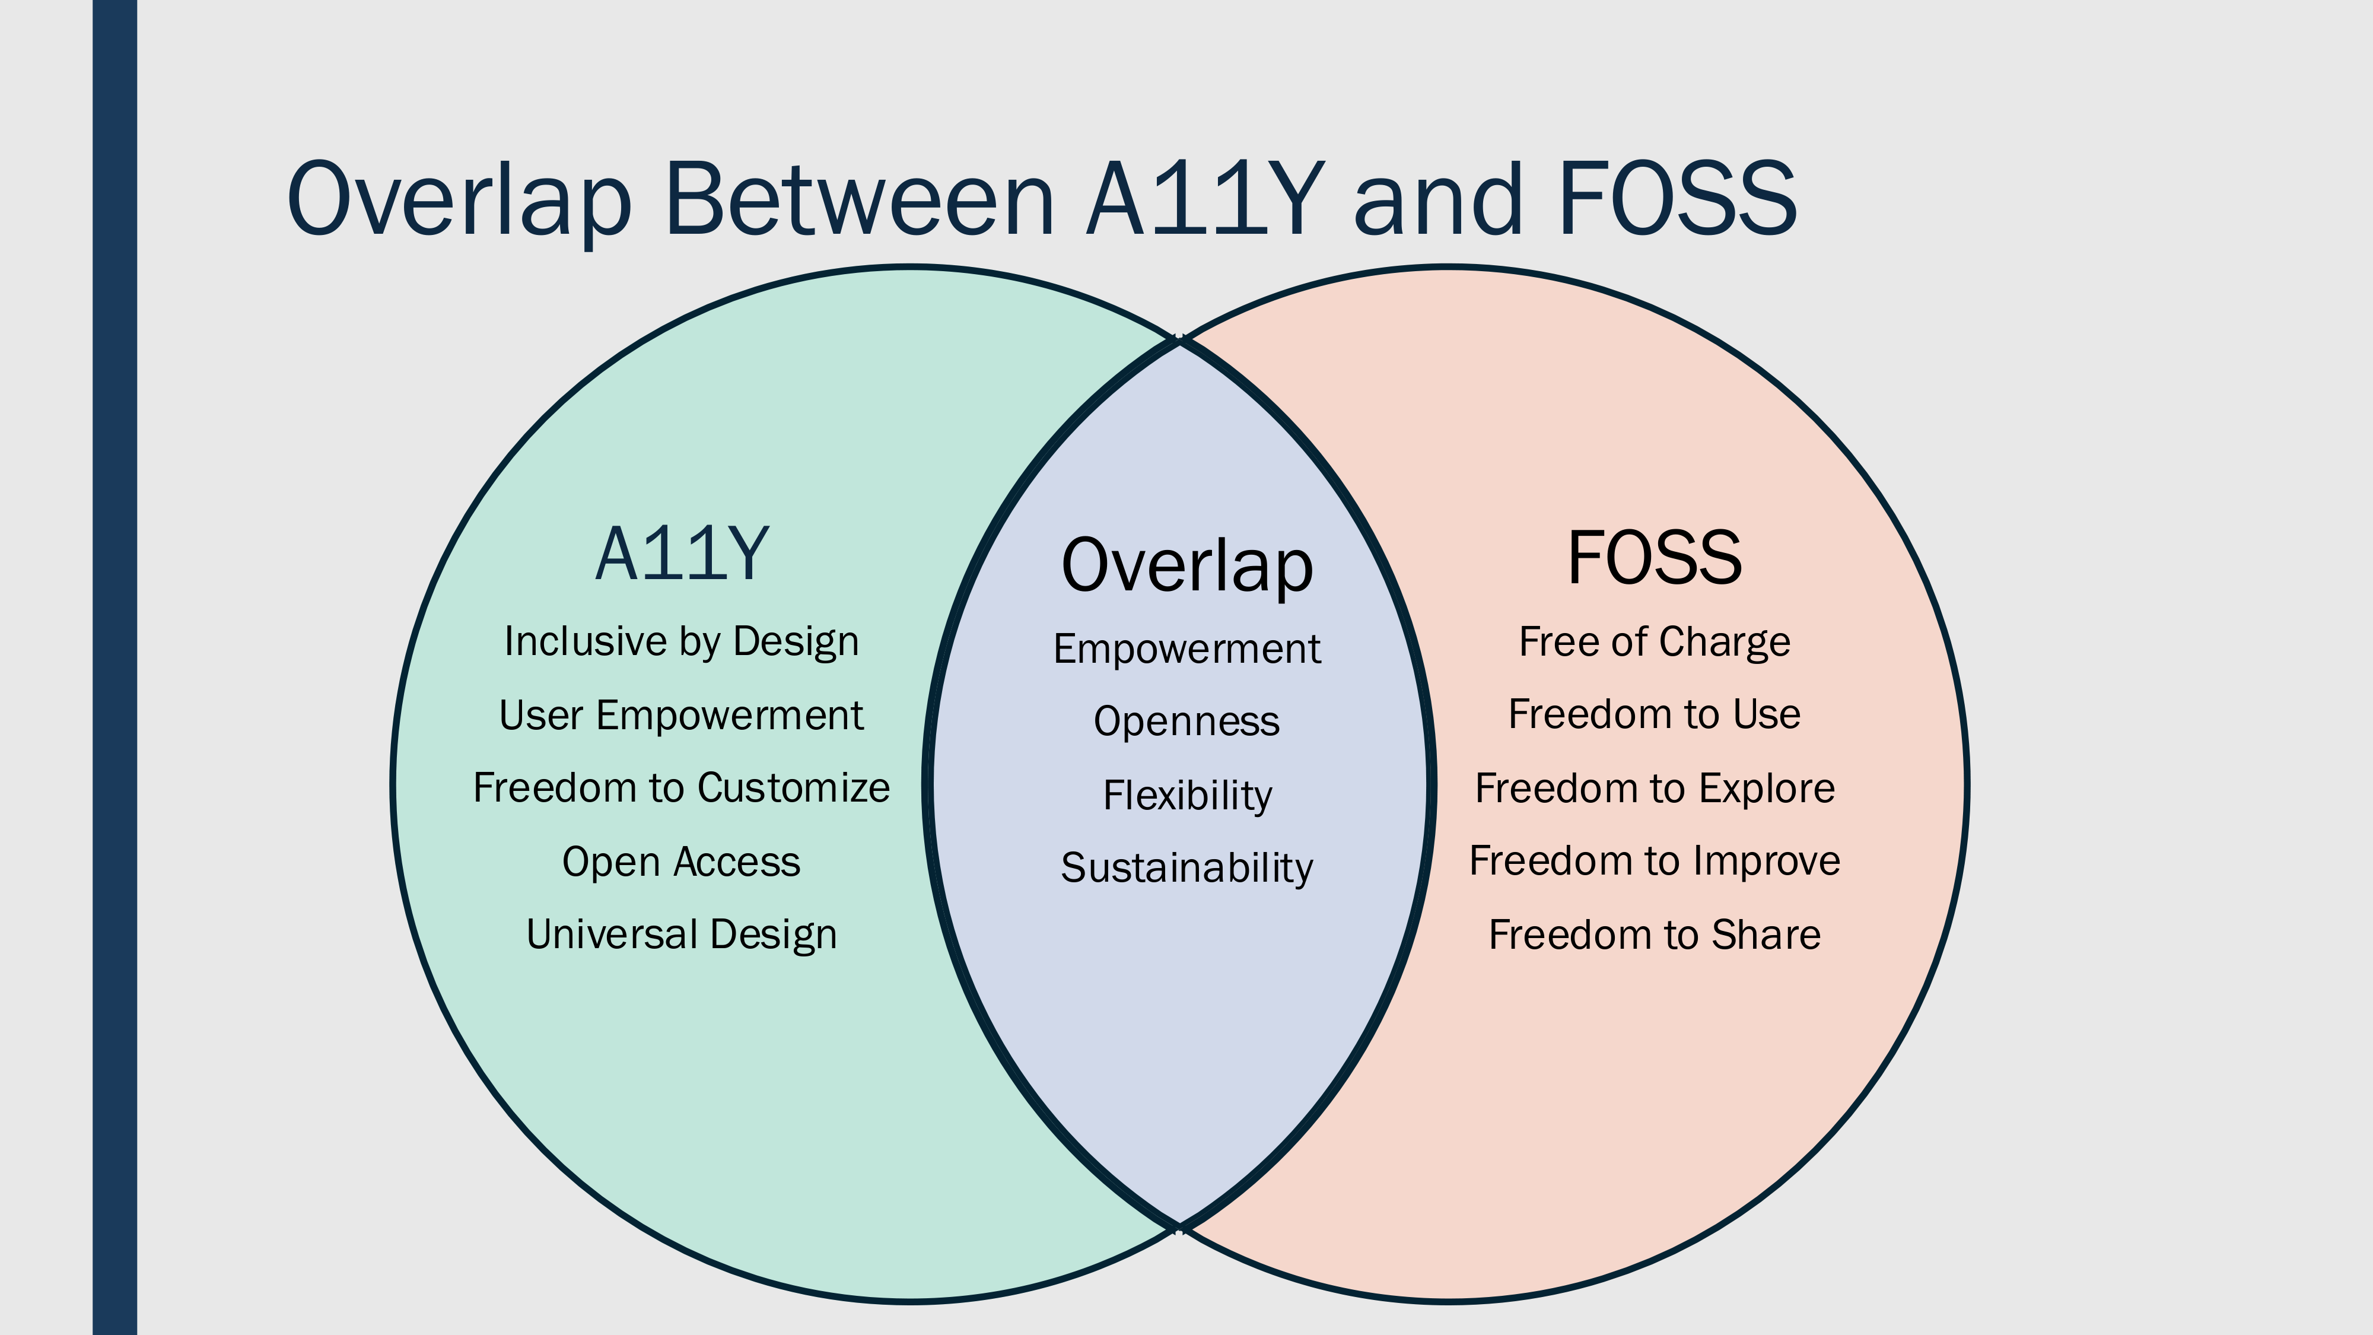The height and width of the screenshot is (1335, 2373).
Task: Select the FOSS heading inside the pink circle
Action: [x=1655, y=557]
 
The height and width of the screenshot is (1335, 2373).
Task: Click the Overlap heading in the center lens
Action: [x=1188, y=565]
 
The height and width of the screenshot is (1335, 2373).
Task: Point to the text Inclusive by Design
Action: [x=682, y=642]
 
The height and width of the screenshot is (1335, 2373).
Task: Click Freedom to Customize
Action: [x=682, y=788]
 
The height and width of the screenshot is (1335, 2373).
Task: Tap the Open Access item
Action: [x=682, y=862]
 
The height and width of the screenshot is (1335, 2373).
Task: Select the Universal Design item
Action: [x=682, y=935]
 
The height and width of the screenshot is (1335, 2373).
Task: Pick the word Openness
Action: [x=1188, y=721]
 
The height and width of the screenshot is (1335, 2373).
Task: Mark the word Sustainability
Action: [x=1188, y=868]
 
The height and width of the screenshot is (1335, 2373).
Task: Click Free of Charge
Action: [x=1655, y=642]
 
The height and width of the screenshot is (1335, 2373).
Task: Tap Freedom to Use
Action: [x=1655, y=714]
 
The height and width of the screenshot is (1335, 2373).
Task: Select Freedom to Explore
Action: [x=1655, y=789]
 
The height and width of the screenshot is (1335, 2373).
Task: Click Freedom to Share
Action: [x=1655, y=935]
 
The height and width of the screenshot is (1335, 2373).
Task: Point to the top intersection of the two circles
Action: [x=1179, y=339]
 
